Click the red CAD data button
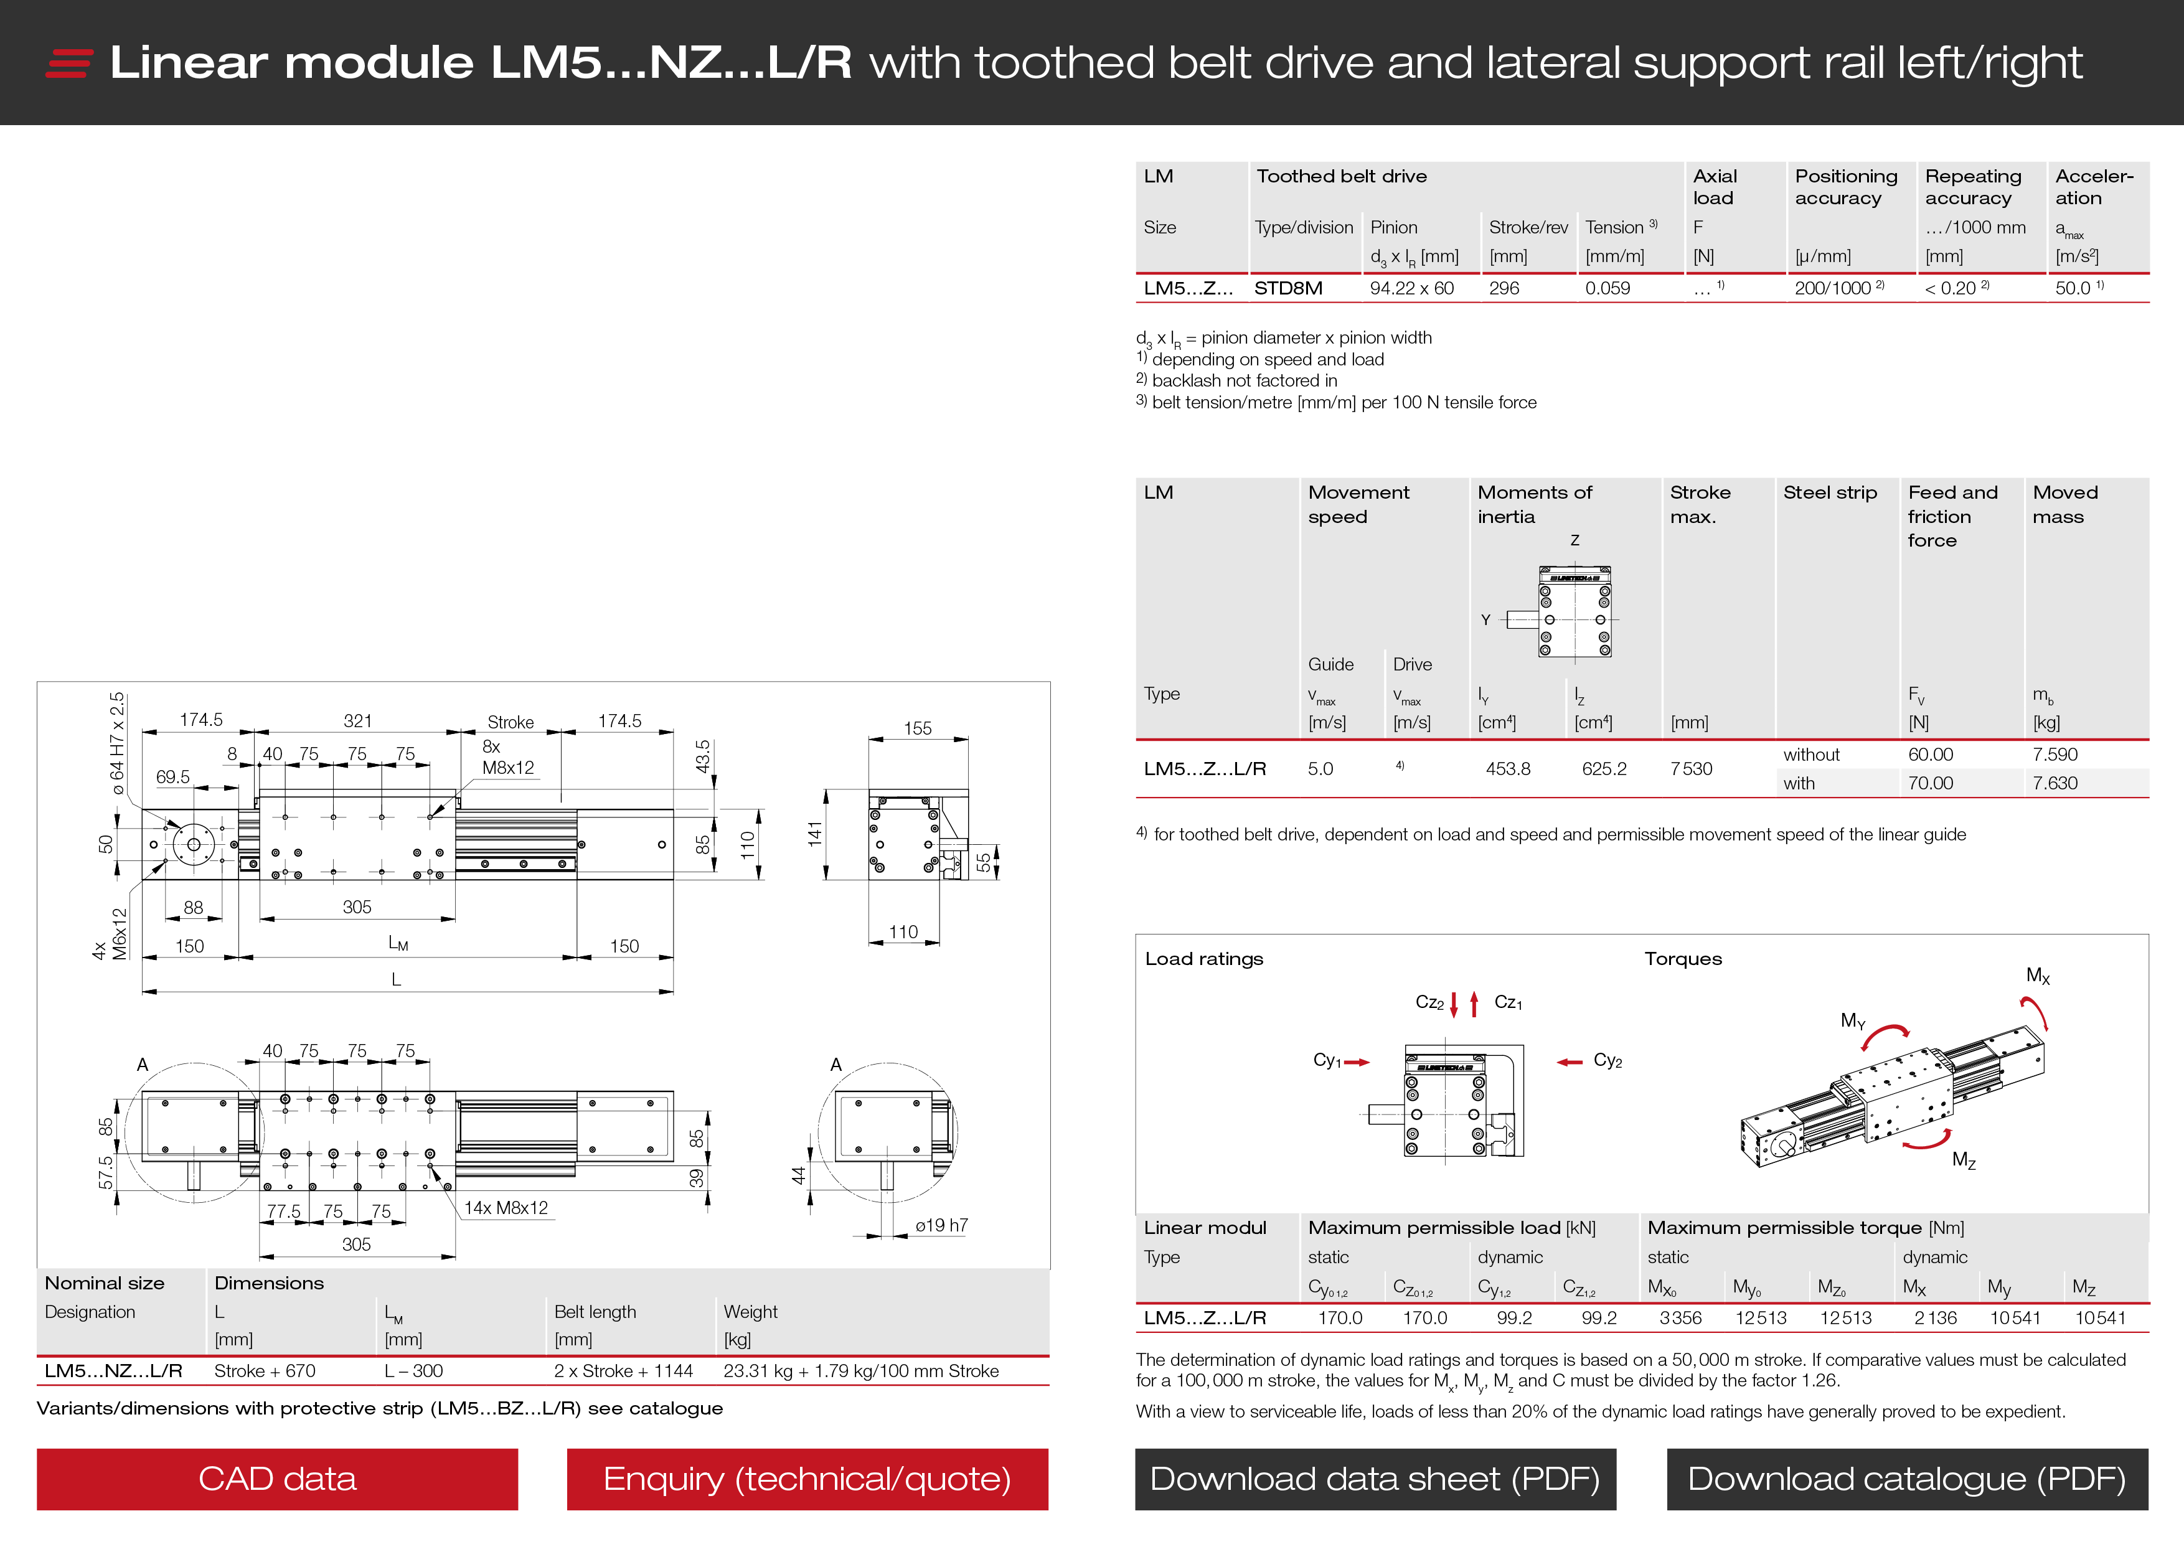[277, 1479]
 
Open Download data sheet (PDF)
[1375, 1479]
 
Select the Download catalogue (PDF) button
[1906, 1479]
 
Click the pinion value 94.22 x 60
[1411, 288]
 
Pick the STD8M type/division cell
[1288, 288]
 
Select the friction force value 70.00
[1930, 783]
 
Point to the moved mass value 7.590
[2055, 755]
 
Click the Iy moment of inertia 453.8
[1508, 769]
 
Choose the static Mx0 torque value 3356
[1680, 1317]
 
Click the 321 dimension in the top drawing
[357, 721]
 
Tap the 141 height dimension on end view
[814, 834]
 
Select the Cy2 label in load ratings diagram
[1607, 1061]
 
